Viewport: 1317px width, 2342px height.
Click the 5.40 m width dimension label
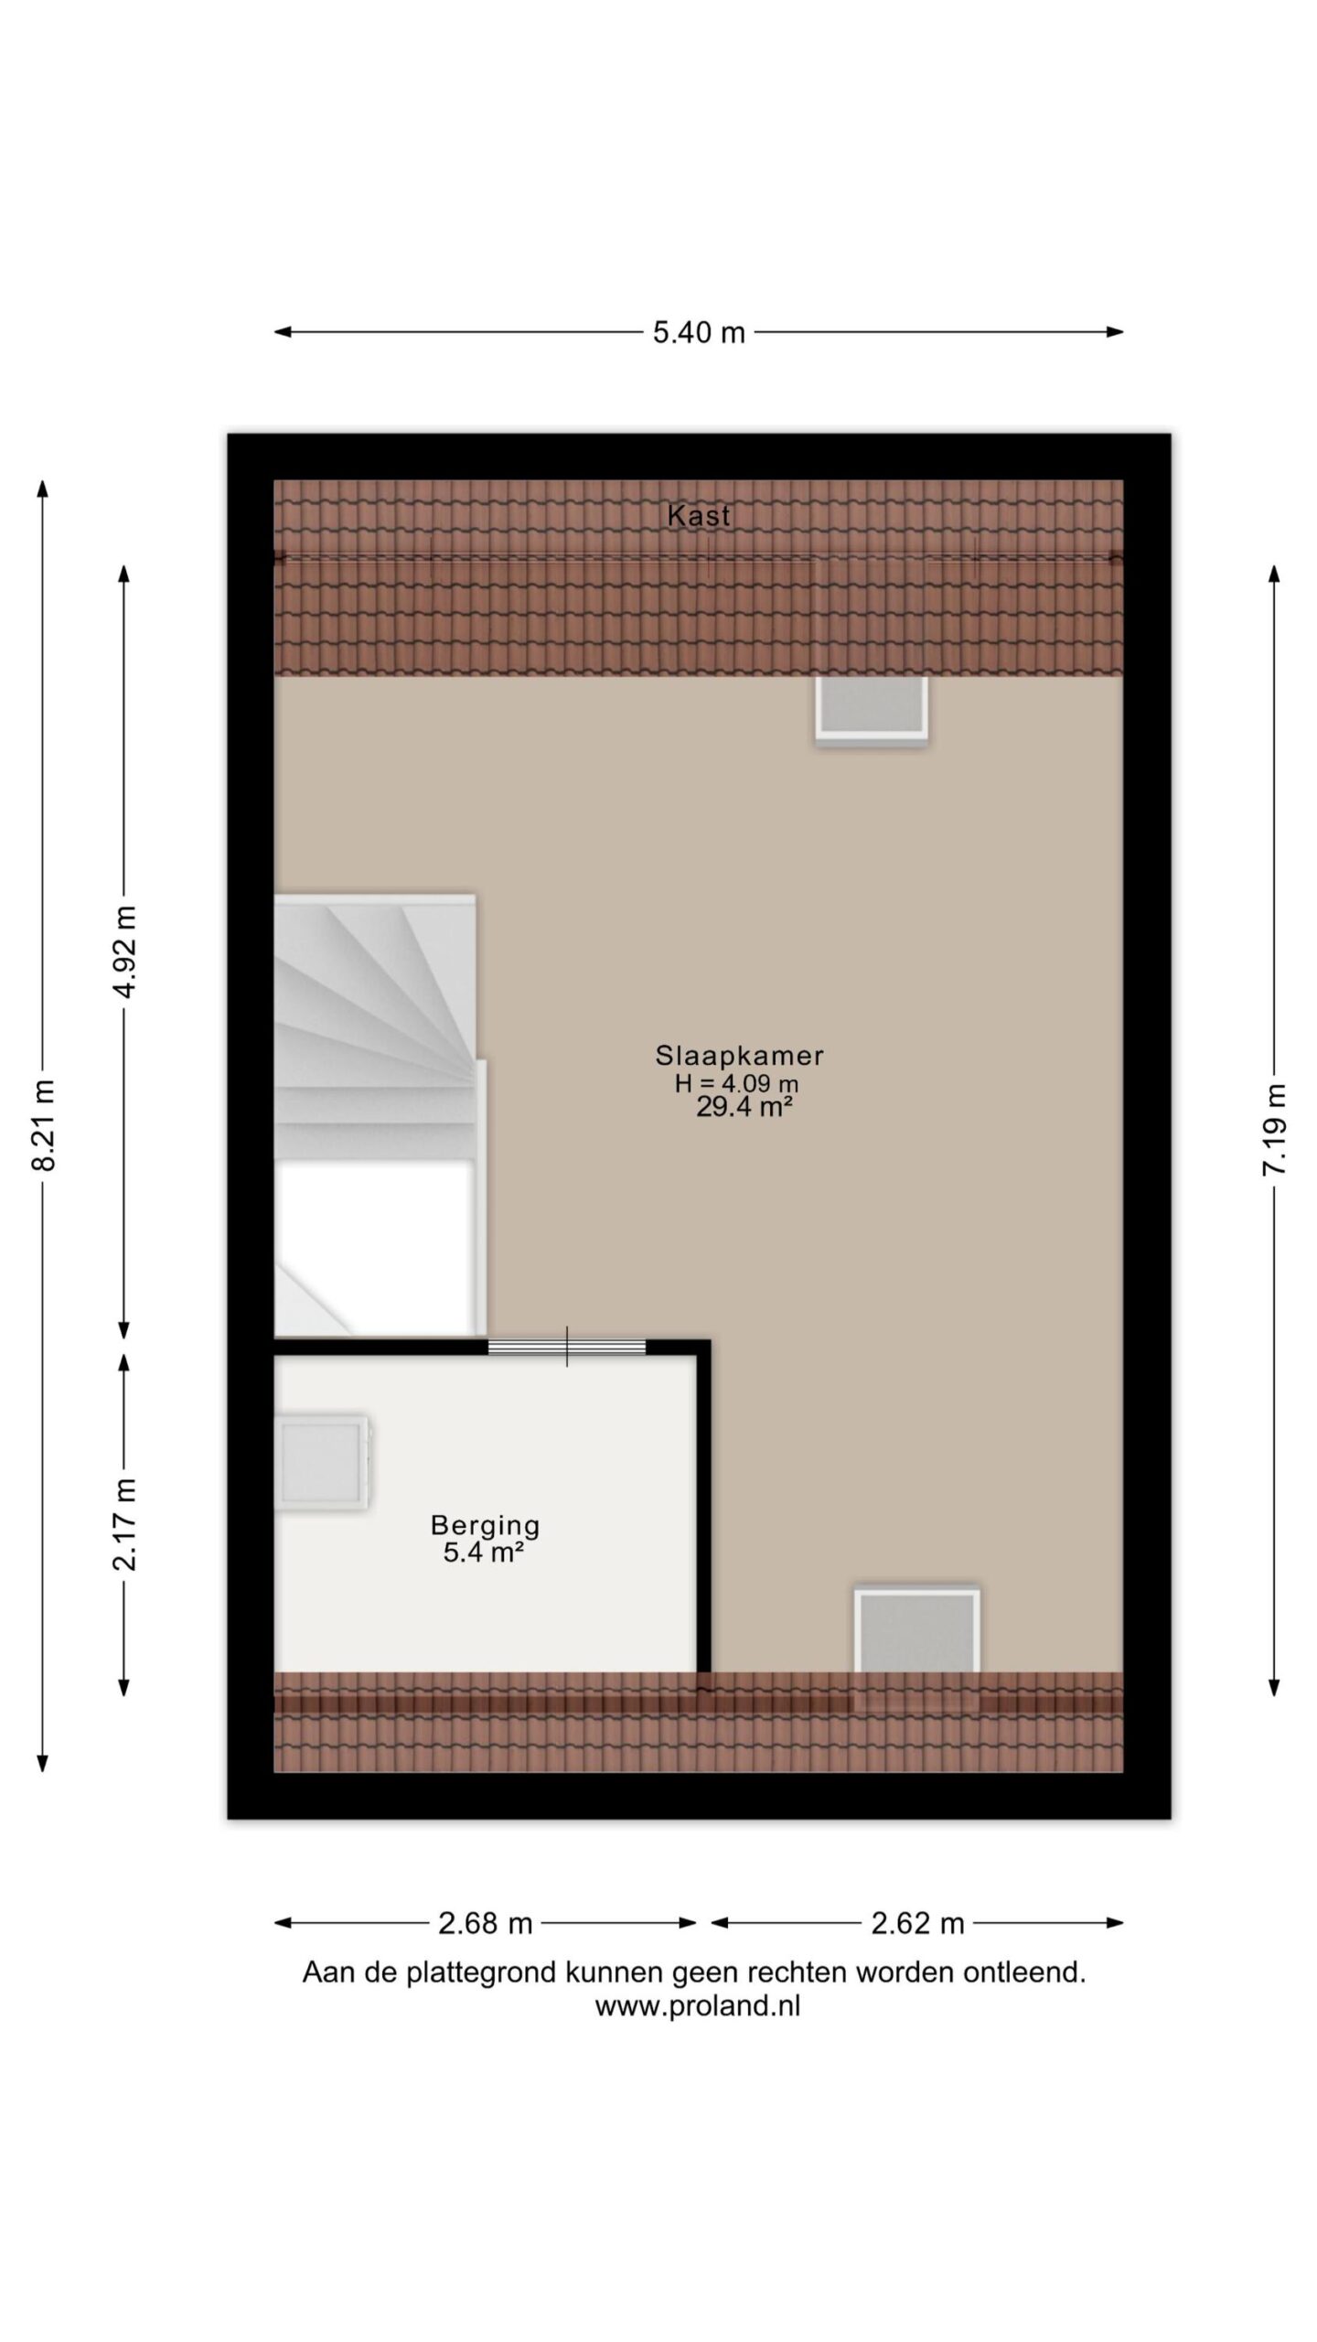699,332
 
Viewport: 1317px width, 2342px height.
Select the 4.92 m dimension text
124,951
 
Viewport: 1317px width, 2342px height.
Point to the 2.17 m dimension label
124,1524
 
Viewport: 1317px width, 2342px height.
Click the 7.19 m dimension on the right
1275,1129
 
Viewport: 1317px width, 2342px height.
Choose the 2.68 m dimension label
485,1924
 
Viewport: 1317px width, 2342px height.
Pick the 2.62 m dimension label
917,1924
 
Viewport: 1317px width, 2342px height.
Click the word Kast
699,516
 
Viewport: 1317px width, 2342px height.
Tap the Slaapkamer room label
739,1056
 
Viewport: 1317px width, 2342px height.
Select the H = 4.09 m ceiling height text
736,1084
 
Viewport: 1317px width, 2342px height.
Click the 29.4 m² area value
744,1108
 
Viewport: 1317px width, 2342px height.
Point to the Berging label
486,1526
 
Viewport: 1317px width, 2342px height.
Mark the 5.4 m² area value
483,1552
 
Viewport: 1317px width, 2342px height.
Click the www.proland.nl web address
698,2007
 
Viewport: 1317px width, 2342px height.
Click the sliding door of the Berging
567,1347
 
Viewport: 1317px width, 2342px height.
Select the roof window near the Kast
872,710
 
